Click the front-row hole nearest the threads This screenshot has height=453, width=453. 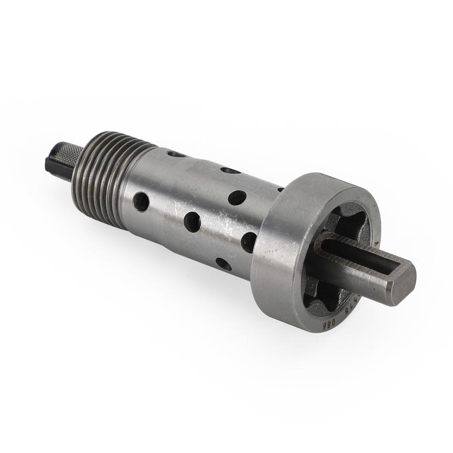[x=141, y=202]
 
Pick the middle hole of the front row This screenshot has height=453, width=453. [x=192, y=222]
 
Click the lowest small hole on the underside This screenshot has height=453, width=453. [x=223, y=264]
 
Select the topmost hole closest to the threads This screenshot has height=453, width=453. [x=176, y=154]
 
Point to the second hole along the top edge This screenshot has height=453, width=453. [x=230, y=170]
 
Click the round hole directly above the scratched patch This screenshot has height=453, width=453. [x=237, y=197]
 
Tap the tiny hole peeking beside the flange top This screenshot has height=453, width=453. [x=280, y=189]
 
